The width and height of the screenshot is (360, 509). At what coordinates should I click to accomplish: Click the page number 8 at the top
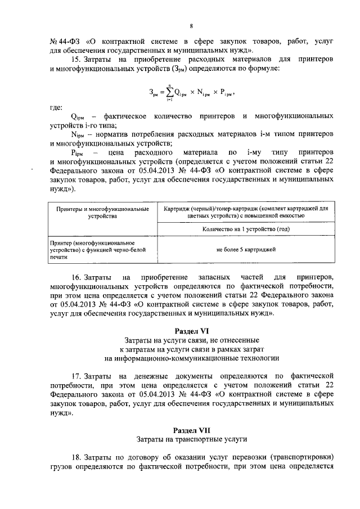point(191,26)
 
